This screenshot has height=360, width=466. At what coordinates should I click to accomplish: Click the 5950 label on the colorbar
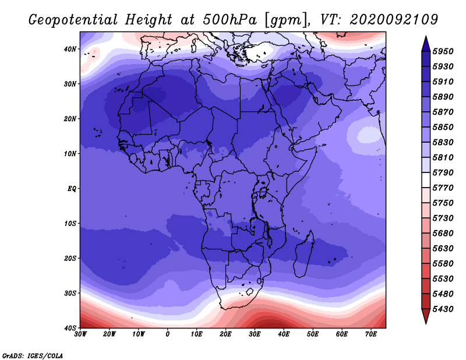coord(443,51)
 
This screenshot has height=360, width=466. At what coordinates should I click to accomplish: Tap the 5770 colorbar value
coord(443,188)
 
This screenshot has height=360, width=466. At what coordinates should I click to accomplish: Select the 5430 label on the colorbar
coord(443,309)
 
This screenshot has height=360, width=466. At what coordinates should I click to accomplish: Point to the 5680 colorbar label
coord(443,234)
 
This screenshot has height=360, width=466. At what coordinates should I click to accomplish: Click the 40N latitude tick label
coord(70,49)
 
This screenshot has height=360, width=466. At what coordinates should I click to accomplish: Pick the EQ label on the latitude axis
coord(72,189)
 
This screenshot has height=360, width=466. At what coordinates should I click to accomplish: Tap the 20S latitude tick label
coord(70,258)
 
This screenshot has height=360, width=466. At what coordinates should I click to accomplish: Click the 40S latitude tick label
coord(70,328)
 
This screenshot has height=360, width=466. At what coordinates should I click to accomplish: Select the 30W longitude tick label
coord(80,334)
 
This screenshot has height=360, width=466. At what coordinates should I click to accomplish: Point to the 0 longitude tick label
coord(168,334)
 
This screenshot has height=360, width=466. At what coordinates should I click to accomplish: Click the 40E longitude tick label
coord(284,334)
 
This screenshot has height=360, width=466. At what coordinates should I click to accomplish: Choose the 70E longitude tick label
coord(371,334)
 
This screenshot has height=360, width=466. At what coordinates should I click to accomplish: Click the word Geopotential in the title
coord(73,20)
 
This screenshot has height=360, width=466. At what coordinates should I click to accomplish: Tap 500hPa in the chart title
coord(230,20)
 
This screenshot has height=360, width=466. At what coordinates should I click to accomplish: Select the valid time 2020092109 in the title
coord(394,20)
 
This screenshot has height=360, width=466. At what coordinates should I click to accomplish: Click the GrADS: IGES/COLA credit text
coord(33,355)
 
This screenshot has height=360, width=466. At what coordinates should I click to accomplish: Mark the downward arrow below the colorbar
coord(426,316)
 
